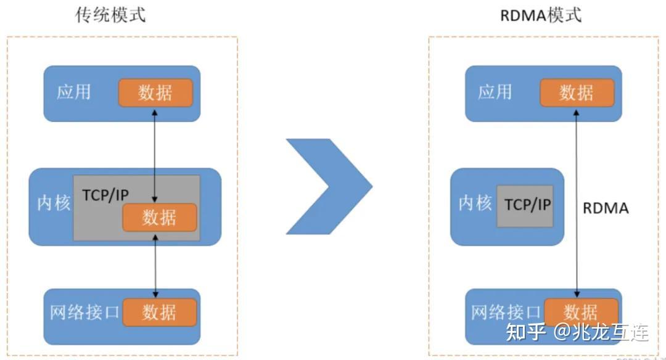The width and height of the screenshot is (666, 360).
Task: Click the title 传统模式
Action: point(111,15)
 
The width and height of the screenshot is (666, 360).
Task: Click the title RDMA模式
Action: point(541,15)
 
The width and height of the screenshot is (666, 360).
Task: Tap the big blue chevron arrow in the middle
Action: point(330,186)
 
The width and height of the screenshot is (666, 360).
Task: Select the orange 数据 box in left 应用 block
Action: point(155,93)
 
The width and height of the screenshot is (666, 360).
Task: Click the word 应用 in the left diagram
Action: point(73,92)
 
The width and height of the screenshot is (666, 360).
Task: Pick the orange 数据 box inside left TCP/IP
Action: point(159,218)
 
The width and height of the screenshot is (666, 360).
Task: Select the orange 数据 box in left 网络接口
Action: point(159,313)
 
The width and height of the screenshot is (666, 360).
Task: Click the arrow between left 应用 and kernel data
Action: point(155,154)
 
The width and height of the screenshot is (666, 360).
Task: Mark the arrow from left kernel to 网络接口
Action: point(155,265)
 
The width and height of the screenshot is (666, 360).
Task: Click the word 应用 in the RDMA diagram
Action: point(495,92)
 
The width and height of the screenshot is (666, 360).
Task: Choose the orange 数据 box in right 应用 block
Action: point(577,93)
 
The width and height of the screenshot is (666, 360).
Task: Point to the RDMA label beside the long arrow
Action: point(606,208)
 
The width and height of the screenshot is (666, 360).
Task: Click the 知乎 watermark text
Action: point(525,332)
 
